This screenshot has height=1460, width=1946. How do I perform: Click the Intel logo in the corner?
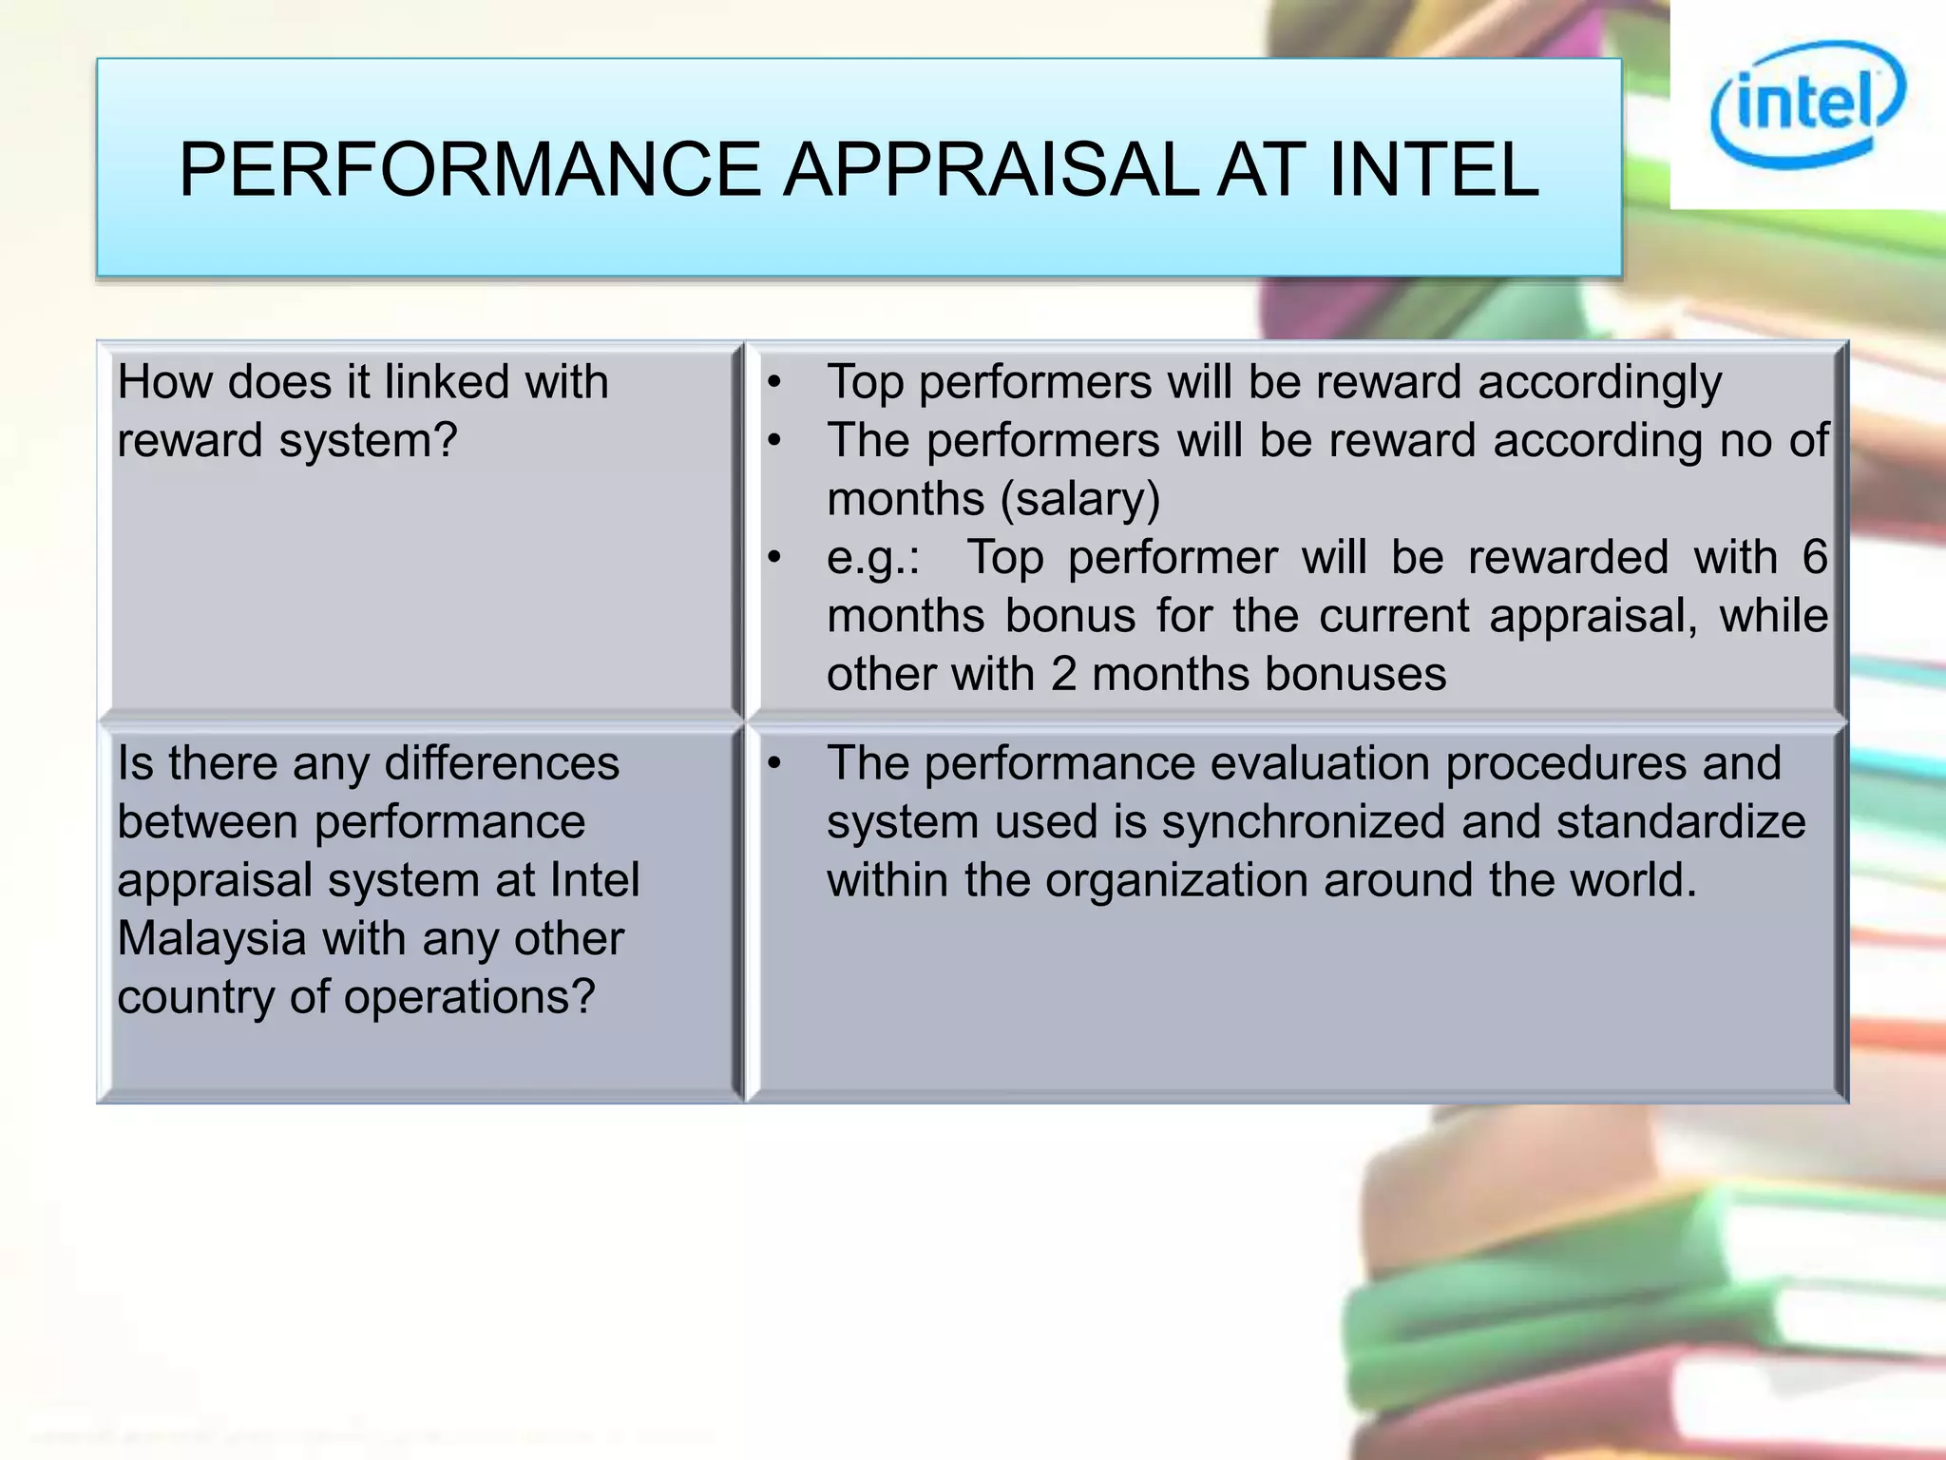point(1807,105)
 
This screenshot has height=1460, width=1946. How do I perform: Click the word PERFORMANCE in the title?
point(469,170)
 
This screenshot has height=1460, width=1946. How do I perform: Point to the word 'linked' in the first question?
point(447,382)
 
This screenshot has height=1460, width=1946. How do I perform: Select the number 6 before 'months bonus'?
point(1815,557)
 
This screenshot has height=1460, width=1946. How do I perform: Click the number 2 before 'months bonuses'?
point(1063,675)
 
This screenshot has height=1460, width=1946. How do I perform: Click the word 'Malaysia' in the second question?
point(212,939)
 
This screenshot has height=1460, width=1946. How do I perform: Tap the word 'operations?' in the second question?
point(469,998)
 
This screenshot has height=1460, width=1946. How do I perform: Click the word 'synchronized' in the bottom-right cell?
point(1303,822)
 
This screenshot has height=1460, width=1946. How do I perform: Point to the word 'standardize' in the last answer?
point(1681,822)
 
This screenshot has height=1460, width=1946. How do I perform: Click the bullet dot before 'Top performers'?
point(775,384)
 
